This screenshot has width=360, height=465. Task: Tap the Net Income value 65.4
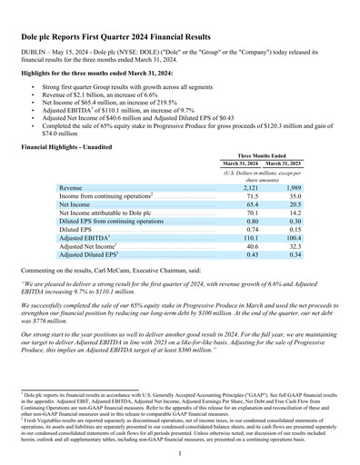(257, 207)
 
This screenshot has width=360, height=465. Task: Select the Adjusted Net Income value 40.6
(257, 247)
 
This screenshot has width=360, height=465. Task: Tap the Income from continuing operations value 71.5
(257, 197)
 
